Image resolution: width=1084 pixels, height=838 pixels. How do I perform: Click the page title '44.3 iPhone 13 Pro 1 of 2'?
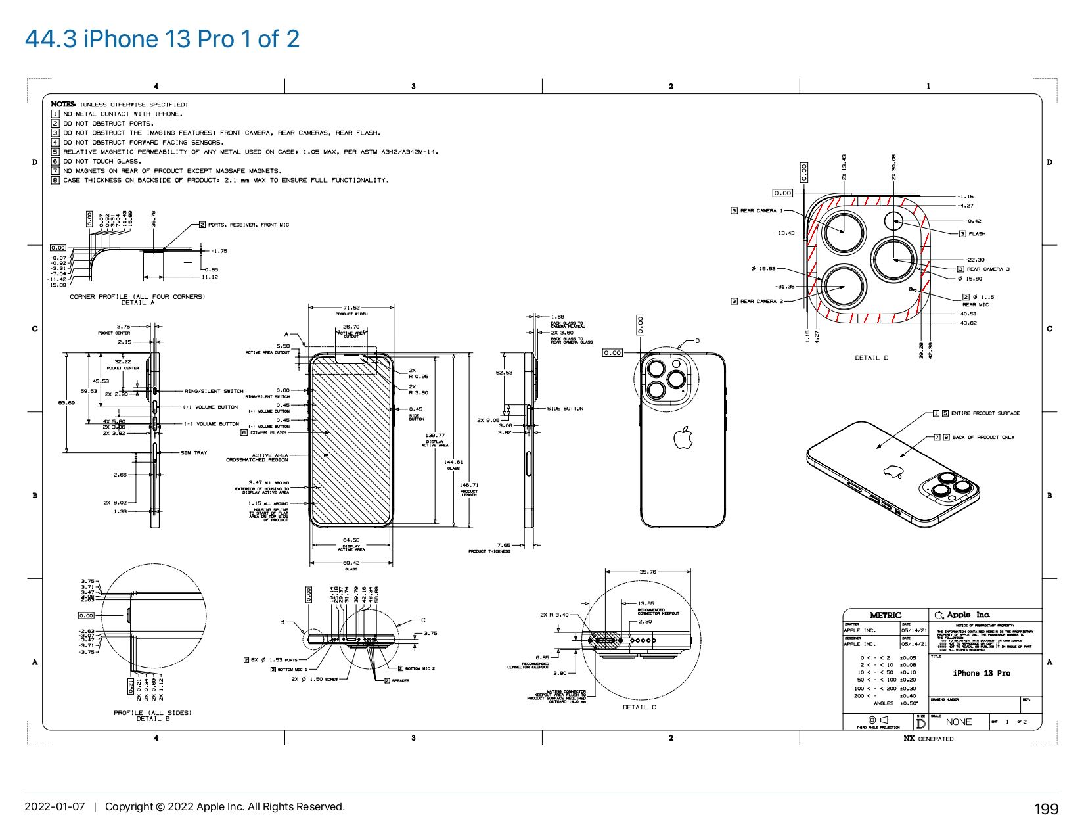(162, 39)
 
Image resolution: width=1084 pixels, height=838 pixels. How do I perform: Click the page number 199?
(1046, 809)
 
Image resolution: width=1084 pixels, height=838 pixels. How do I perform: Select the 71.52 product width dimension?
(351, 308)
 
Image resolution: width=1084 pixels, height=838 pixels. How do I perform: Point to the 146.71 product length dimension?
(469, 485)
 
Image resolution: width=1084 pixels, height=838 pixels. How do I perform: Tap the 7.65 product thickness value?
(504, 545)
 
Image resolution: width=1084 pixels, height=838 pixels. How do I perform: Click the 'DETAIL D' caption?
(871, 358)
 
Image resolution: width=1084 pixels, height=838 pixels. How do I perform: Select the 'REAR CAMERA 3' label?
(987, 269)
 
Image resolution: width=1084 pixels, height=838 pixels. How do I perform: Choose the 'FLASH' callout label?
(976, 234)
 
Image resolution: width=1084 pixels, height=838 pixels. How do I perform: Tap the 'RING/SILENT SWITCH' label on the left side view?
(214, 391)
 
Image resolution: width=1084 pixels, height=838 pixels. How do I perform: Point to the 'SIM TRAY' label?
(194, 452)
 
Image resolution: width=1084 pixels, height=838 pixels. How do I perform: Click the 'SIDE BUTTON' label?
(565, 409)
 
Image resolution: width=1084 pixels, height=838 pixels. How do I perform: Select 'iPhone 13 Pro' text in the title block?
(982, 673)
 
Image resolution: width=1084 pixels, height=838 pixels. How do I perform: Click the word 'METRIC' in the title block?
(885, 615)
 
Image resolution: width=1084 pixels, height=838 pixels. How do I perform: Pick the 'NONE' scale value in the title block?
(958, 722)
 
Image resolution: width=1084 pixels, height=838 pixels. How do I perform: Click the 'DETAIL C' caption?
(639, 707)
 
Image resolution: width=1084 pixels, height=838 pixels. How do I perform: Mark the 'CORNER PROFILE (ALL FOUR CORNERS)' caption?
(137, 297)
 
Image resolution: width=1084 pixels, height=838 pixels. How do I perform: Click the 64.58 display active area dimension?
(351, 540)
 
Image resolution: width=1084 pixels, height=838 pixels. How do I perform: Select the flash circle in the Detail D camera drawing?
(893, 220)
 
